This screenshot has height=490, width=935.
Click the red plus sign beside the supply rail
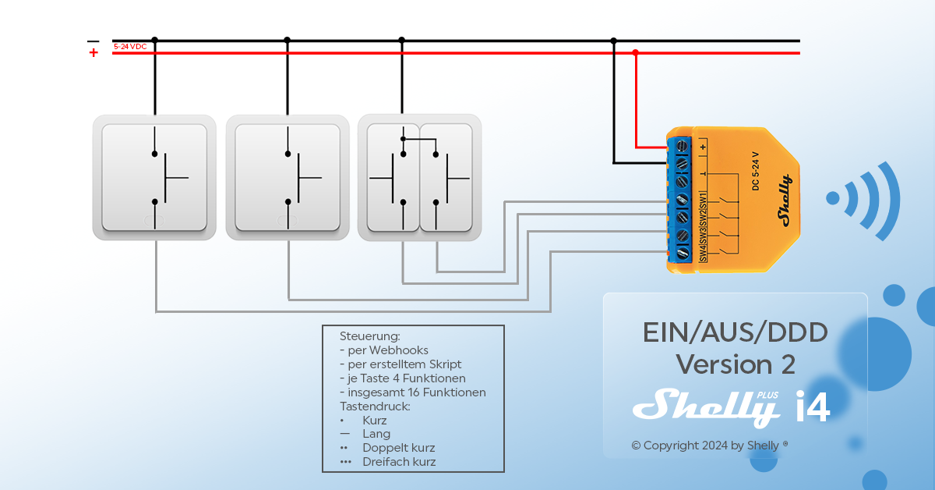point(93,53)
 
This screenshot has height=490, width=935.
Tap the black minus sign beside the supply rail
point(93,41)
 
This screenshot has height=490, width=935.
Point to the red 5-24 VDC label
point(130,47)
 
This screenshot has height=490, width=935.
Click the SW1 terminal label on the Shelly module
point(703,199)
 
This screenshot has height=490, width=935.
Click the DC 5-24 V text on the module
point(755,171)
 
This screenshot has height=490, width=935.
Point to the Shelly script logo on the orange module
point(784,201)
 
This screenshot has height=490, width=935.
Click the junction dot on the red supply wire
point(636,53)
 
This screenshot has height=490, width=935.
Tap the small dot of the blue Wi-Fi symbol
point(833,198)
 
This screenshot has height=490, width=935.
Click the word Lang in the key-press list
point(376,434)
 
